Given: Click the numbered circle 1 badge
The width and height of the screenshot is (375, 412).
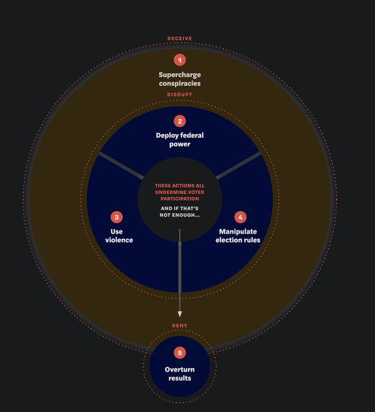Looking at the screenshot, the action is click(x=179, y=60).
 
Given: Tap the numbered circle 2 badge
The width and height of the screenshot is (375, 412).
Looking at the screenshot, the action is click(x=179, y=121).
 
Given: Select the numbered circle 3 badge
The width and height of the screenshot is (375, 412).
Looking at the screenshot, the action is click(x=116, y=217).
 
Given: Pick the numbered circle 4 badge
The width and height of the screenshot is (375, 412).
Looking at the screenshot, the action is click(x=241, y=217).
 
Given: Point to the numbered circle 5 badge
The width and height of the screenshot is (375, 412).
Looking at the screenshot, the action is click(x=179, y=353).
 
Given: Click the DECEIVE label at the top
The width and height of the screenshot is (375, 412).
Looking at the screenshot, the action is click(x=179, y=39).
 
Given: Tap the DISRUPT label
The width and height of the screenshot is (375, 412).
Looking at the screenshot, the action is click(x=179, y=95).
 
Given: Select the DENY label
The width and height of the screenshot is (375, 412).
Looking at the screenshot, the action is click(x=179, y=326).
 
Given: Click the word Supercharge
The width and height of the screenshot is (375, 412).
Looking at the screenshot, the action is click(x=179, y=75).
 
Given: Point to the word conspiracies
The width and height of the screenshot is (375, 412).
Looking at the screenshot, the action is click(x=179, y=83).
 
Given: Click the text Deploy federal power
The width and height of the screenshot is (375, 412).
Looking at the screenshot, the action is click(x=179, y=140).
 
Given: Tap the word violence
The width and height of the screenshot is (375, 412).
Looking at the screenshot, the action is click(x=119, y=240).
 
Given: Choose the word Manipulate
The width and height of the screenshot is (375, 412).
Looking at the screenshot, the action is click(x=238, y=232).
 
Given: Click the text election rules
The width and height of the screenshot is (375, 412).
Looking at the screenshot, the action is click(x=238, y=240).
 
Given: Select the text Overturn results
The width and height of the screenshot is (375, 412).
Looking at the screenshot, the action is click(x=179, y=373).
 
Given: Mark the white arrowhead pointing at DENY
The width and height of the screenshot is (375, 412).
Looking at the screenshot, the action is click(x=179, y=314).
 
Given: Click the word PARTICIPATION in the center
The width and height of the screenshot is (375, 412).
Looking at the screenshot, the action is click(x=179, y=199).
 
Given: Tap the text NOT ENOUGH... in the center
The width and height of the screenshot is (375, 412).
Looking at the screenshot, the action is click(x=179, y=215).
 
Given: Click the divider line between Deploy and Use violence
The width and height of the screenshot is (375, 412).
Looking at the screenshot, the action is click(x=121, y=166).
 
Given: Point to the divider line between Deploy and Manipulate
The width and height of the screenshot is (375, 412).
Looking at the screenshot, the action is click(x=239, y=165).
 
